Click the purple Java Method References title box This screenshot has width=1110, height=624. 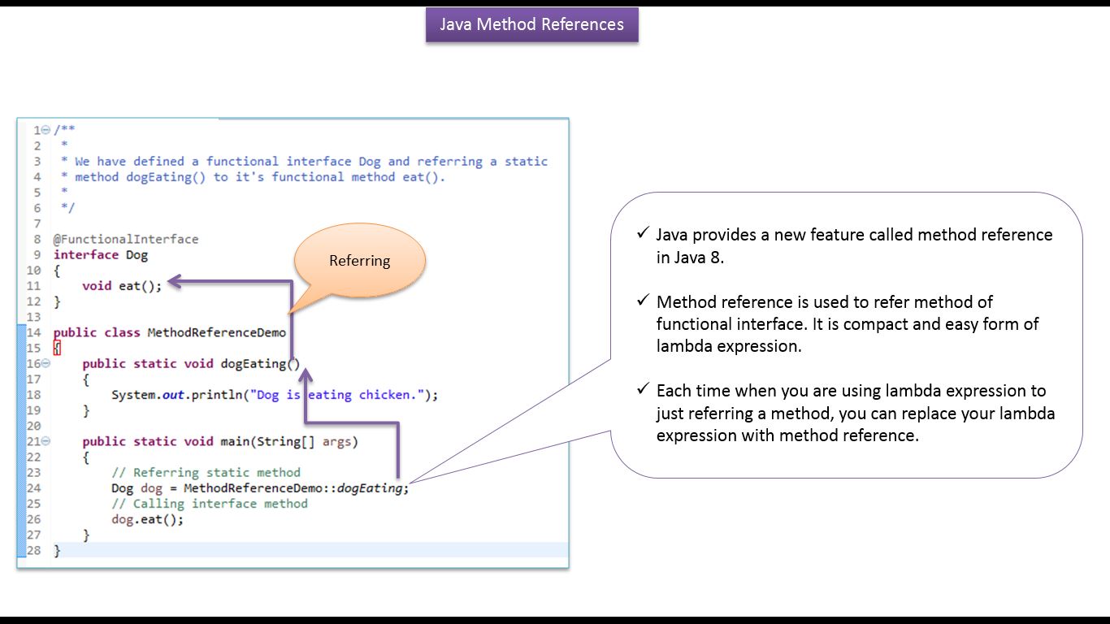point(531,24)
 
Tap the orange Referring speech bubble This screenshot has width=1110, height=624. point(360,261)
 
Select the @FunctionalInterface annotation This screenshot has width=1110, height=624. point(126,240)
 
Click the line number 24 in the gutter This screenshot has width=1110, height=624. point(33,488)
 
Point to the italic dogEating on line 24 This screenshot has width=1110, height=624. point(370,488)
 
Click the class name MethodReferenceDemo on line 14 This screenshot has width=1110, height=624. point(216,332)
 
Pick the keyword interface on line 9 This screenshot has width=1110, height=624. point(86,255)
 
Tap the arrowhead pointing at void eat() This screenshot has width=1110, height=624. point(175,281)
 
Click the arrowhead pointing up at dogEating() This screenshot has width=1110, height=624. point(306,375)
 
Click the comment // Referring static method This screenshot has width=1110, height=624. point(206,473)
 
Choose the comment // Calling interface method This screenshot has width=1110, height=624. point(210,504)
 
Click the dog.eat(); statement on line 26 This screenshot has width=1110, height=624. point(147,519)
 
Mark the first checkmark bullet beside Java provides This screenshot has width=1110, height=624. point(644,232)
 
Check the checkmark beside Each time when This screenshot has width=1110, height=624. point(644,388)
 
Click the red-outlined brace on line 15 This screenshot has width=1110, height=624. point(57,349)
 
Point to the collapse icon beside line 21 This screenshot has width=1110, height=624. point(46,440)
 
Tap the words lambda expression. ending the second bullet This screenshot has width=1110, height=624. point(728,346)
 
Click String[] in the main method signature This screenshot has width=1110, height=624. point(285,442)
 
